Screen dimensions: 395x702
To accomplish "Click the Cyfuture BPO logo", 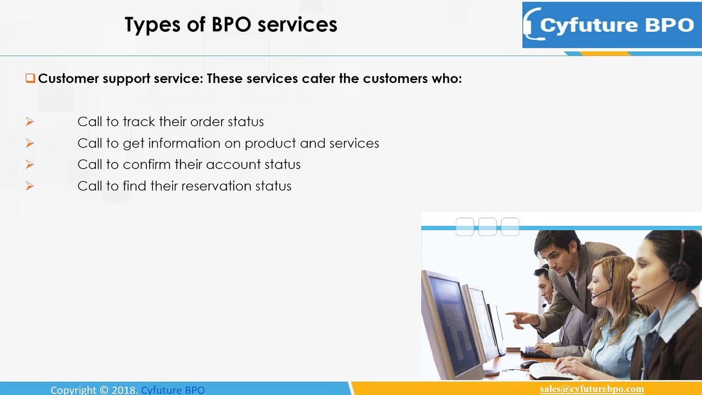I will (611, 25).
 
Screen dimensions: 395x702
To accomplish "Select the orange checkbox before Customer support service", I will (30, 78).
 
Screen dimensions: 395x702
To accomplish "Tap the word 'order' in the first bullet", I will (207, 122).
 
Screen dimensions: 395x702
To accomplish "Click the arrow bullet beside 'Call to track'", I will (30, 122).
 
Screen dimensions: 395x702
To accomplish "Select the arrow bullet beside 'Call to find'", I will (30, 186).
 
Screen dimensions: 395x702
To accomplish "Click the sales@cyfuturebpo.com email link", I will (591, 389).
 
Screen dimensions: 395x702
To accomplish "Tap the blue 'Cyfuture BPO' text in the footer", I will (173, 390).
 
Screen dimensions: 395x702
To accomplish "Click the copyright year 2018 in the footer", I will (124, 390).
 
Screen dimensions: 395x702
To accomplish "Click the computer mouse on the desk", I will (528, 364).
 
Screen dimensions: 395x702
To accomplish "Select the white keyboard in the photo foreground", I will (548, 370).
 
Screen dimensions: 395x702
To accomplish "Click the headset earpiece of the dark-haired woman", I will (679, 269).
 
